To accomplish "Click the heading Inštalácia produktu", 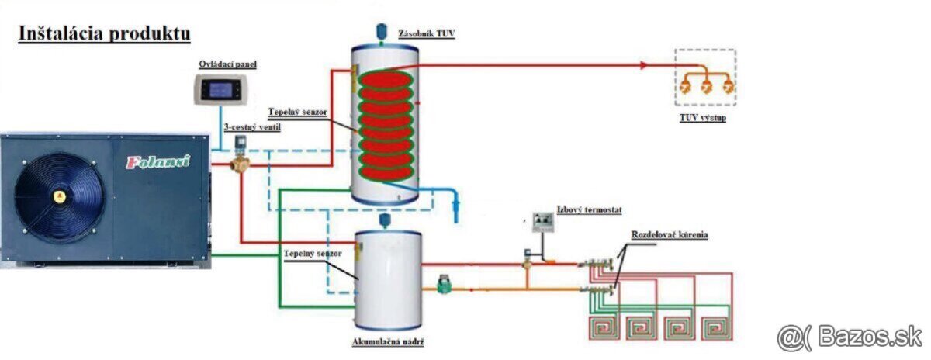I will tap(104, 33).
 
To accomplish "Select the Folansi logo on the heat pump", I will tap(158, 162).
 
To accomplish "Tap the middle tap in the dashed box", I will tap(706, 87).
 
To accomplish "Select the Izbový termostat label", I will tap(589, 209).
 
